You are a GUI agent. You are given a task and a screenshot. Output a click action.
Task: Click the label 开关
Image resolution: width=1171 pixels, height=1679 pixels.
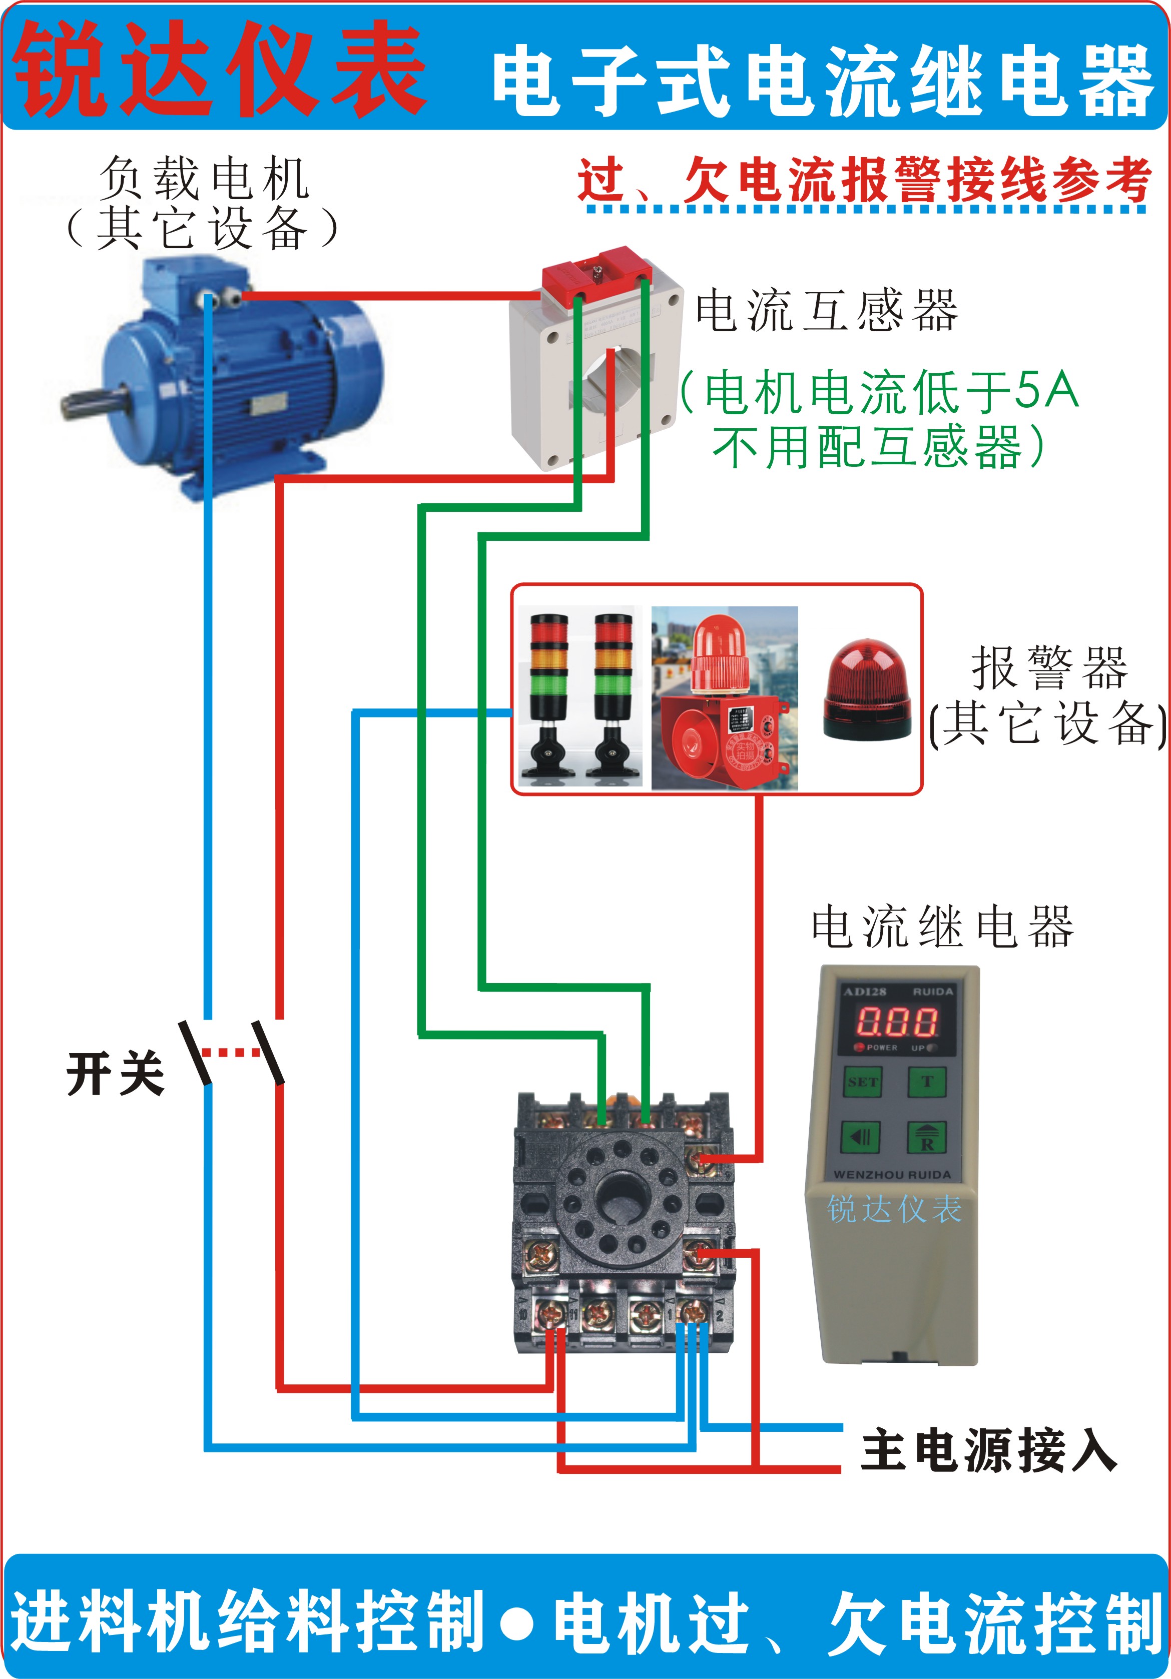click(x=116, y=1074)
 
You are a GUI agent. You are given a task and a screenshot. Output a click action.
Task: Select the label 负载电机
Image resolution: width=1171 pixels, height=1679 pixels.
click(x=204, y=178)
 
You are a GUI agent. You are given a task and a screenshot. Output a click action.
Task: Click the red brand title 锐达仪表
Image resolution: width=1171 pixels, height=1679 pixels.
click(x=219, y=70)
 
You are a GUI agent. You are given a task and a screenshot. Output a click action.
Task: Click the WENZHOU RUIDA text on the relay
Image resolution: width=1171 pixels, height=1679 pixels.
click(x=892, y=1174)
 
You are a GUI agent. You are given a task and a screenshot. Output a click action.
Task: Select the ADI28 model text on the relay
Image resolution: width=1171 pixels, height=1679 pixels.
click(x=865, y=992)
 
